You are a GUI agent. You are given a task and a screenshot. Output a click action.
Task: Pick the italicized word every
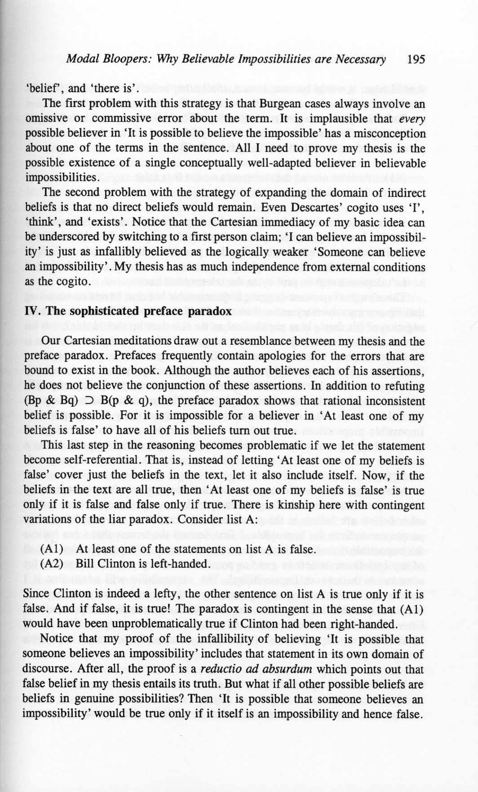(413, 119)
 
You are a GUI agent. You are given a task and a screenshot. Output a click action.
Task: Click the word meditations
(138, 341)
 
